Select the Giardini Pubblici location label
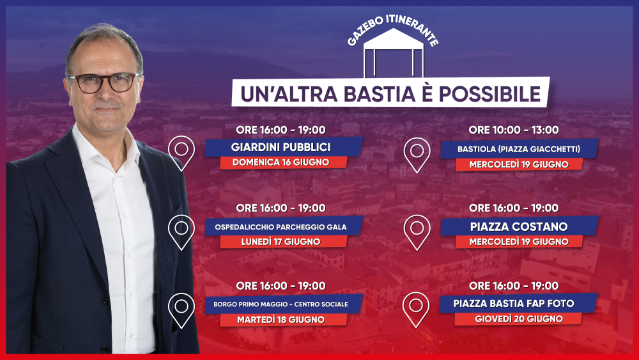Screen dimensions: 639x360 tap(281, 147)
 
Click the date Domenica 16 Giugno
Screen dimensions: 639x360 tap(281, 162)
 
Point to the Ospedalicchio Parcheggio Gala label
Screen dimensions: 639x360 tap(281, 227)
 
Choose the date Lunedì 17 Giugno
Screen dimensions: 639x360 tap(281, 242)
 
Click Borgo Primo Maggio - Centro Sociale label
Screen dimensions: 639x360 tap(281, 304)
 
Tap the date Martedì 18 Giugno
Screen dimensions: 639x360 tap(281, 320)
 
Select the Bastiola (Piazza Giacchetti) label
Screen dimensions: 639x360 tap(519, 149)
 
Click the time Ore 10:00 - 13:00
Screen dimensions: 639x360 tap(514, 130)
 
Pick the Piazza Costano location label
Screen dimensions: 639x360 tap(519, 227)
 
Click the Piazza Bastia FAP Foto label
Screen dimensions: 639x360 tap(514, 304)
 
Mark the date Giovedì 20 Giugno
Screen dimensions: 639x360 tap(519, 319)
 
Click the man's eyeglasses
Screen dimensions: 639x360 tap(104, 82)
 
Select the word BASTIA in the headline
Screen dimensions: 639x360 tap(380, 94)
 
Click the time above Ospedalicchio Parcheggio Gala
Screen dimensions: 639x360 tap(281, 208)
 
